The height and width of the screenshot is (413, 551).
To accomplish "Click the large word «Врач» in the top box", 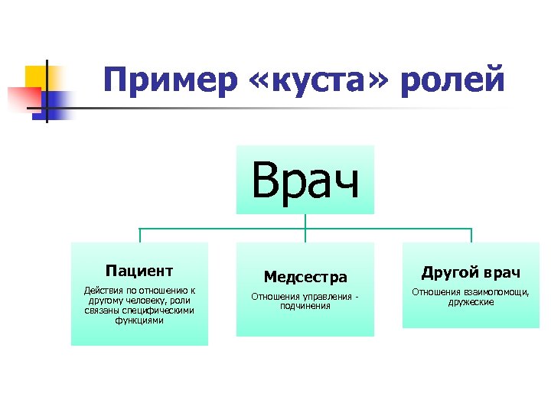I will pyautogui.click(x=305, y=180).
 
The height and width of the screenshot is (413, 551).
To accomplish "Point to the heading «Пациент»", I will pyautogui.click(x=139, y=270).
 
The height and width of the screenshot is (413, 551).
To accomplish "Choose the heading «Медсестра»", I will pyautogui.click(x=305, y=277).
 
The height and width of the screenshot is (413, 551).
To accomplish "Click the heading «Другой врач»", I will pyautogui.click(x=471, y=272).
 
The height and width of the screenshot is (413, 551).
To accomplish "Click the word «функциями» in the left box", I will pyautogui.click(x=139, y=320).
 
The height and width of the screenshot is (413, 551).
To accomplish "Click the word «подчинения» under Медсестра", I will pyautogui.click(x=305, y=306).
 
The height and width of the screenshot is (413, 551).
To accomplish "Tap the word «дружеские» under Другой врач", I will pyautogui.click(x=471, y=302).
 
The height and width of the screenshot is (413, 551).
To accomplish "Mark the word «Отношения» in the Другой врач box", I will pyautogui.click(x=435, y=291).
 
